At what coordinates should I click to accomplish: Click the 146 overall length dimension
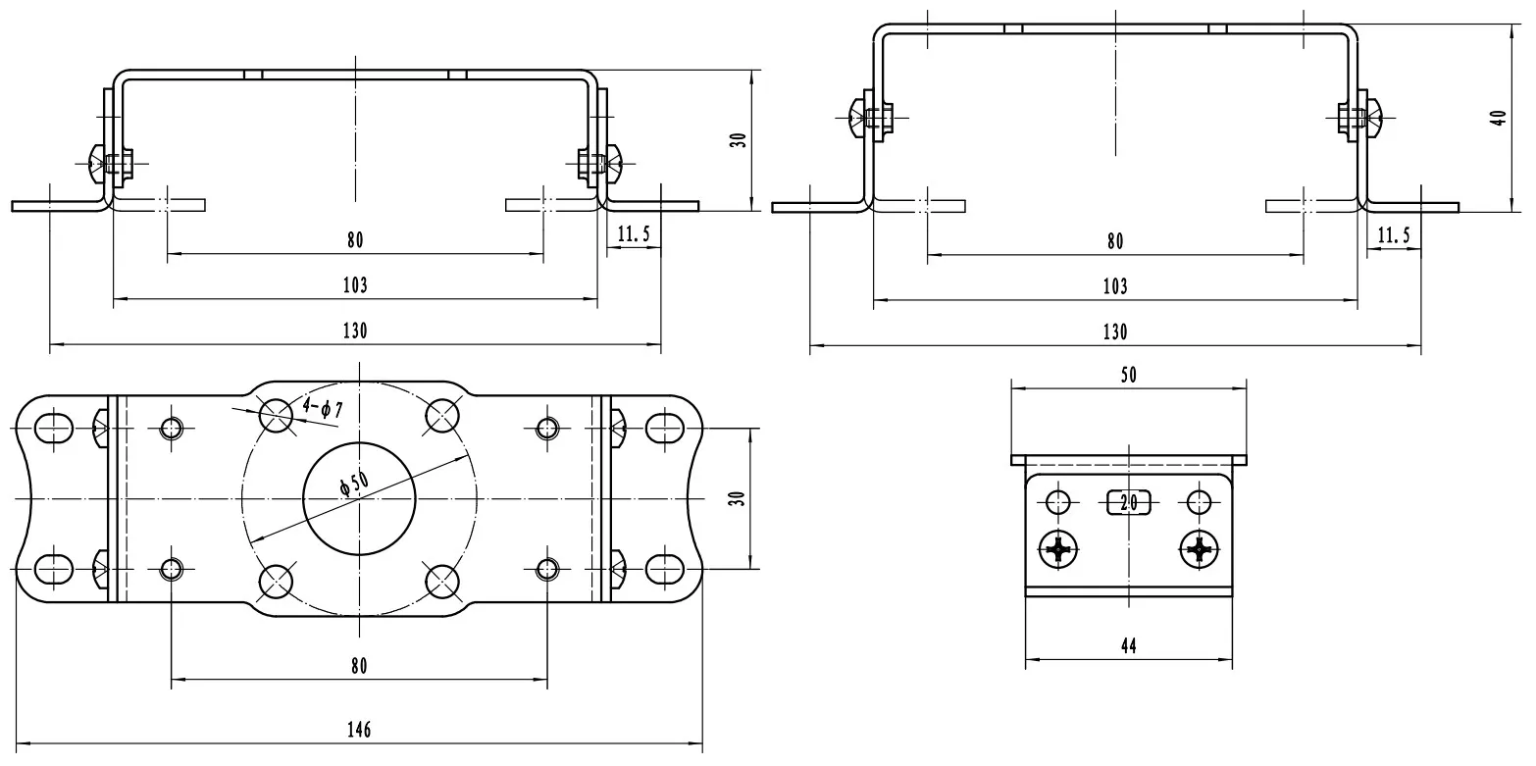(x=359, y=731)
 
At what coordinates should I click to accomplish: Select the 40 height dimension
(x=1498, y=119)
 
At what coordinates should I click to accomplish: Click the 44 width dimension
(x=1128, y=646)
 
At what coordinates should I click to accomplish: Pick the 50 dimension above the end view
(x=1128, y=375)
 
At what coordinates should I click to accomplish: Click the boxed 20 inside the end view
(x=1128, y=502)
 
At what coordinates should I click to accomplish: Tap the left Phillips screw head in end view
(x=1058, y=549)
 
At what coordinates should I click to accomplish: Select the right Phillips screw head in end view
(x=1200, y=549)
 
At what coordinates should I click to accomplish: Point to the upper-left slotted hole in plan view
(x=54, y=428)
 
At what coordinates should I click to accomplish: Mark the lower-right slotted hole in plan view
(x=665, y=568)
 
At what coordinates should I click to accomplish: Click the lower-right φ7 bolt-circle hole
(x=442, y=580)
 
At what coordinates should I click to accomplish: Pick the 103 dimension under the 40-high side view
(x=1115, y=286)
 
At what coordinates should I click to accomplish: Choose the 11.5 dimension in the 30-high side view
(x=635, y=234)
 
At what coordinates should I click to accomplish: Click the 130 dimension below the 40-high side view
(x=1115, y=332)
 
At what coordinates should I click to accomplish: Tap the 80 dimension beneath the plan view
(x=359, y=667)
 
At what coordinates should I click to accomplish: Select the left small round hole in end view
(x=1058, y=502)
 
